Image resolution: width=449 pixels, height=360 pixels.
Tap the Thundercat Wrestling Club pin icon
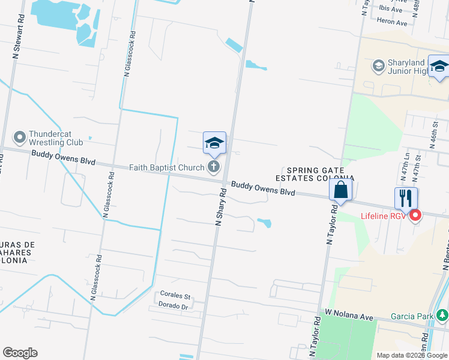pos(20,137)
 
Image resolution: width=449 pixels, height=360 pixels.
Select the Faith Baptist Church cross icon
pos(213,167)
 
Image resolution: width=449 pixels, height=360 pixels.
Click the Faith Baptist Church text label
pos(167,167)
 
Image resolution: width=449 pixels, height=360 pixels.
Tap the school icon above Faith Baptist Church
pos(214,143)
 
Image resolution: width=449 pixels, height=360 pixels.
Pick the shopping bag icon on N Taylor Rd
pos(340,190)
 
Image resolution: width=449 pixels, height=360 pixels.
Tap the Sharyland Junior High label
pos(408,67)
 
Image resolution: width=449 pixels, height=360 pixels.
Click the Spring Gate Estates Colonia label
pos(315,174)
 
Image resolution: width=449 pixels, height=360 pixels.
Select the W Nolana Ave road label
pos(349,314)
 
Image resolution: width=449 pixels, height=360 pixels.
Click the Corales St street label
pos(175,296)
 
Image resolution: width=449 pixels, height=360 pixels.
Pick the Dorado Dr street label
pos(173,306)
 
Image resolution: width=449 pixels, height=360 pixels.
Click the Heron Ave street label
pos(393,23)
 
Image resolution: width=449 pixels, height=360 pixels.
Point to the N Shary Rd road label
pos(220,207)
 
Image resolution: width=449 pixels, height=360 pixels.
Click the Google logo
pos(20,353)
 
